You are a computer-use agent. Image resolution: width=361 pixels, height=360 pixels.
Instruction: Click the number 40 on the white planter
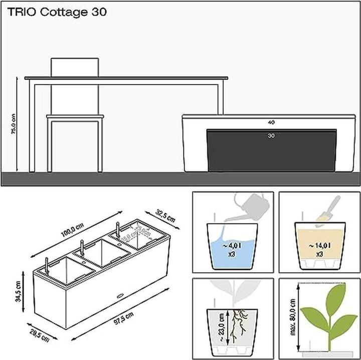[271, 122]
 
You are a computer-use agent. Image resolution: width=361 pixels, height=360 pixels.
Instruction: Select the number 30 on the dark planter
[271, 135]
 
